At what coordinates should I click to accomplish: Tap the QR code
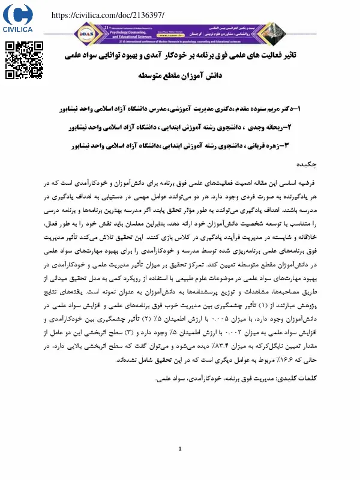tap(24, 61)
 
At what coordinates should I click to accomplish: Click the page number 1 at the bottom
tap(180, 448)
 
